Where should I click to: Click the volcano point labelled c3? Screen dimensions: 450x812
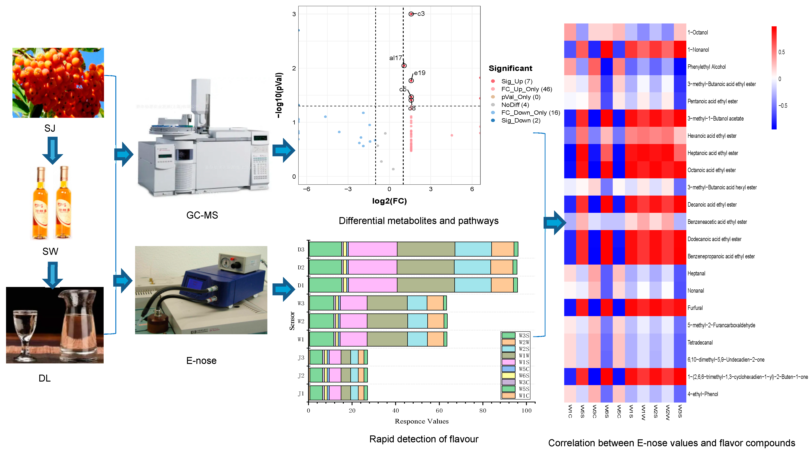pos(411,14)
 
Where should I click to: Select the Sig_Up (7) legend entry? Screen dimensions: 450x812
pos(516,81)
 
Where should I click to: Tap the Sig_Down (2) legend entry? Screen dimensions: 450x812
pos(520,121)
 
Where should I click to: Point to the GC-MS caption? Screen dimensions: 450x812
pos(202,215)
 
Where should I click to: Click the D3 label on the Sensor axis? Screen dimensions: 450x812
pos(301,249)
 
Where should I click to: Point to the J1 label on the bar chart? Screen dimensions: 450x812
pos(301,394)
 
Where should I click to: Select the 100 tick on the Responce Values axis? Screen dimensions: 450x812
pos(526,411)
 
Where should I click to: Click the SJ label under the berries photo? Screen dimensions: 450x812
pos(50,128)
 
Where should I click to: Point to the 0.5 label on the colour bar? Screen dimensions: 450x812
pos(781,52)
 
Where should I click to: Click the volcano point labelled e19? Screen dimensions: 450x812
pos(411,81)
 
